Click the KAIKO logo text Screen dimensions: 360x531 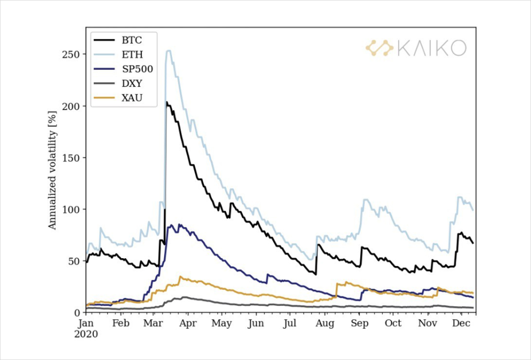click(x=431, y=48)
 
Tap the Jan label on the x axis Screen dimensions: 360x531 click(x=87, y=323)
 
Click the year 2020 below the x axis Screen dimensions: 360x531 click(x=87, y=333)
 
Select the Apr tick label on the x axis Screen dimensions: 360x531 click(x=188, y=323)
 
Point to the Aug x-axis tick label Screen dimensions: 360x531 click(x=324, y=323)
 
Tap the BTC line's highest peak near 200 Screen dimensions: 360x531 click(x=167, y=102)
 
